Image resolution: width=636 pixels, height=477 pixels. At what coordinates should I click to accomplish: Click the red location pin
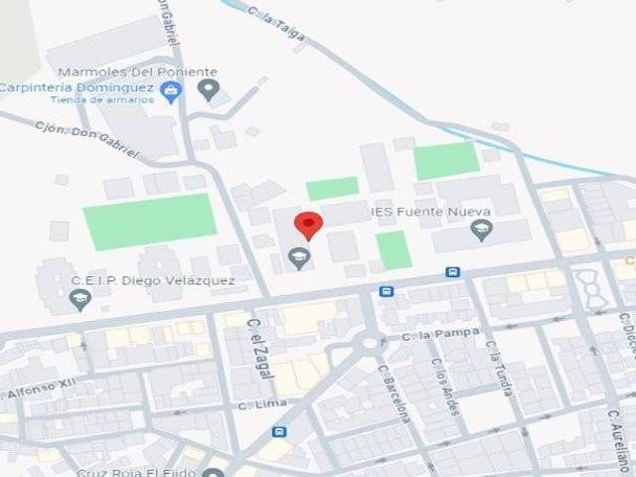click(x=308, y=225)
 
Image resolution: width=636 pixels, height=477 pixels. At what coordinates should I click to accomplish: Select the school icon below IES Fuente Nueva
click(x=482, y=232)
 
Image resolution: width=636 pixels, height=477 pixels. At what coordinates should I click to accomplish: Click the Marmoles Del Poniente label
click(x=137, y=73)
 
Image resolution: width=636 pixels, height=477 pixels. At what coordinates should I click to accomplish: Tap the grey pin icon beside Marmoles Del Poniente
click(x=208, y=90)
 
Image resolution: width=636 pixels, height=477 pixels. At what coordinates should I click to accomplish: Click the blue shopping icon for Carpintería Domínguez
click(x=171, y=92)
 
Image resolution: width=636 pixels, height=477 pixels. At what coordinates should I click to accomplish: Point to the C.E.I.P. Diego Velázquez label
click(x=152, y=280)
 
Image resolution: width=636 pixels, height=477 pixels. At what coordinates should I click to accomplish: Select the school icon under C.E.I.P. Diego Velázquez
click(x=81, y=299)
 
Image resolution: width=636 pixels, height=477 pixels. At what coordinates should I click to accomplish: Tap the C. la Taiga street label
click(x=277, y=26)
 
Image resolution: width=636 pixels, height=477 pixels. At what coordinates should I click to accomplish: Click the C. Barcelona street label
click(x=394, y=393)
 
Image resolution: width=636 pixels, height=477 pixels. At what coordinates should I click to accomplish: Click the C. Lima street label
click(x=263, y=405)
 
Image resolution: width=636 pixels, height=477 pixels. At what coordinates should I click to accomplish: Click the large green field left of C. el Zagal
click(x=149, y=221)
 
